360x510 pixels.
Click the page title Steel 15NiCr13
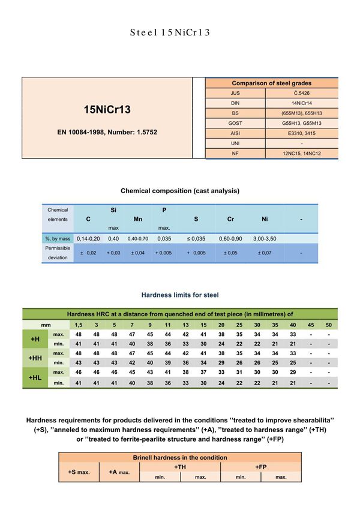170,32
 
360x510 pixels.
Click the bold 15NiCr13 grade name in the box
107,110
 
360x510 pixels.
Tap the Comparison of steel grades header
271,83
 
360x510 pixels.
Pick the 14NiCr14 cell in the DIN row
301,103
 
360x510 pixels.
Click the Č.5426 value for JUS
301,93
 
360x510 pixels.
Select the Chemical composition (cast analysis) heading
180,191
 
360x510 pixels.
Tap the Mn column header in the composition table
137,220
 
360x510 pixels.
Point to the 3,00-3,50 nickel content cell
265,239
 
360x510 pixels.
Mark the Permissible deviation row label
58,252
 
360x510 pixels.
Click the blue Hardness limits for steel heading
180,295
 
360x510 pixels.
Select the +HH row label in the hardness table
35,358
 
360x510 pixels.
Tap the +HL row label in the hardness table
35,377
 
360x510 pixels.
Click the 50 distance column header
328,325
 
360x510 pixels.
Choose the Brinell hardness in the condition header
180,457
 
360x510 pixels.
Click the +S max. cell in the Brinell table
79,472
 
